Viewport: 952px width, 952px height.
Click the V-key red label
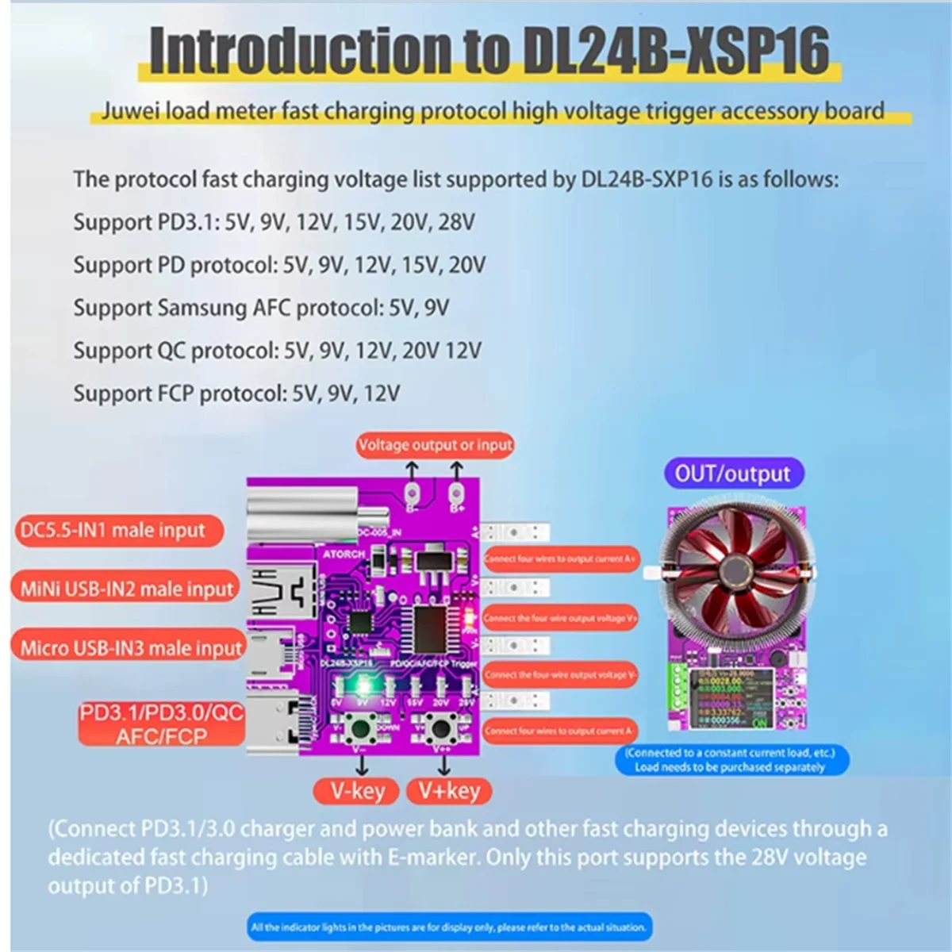[357, 790]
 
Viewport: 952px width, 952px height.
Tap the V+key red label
[449, 790]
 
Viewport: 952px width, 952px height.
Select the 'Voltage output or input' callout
[435, 445]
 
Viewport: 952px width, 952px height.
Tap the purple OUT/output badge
[732, 474]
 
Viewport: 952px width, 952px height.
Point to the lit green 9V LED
[364, 684]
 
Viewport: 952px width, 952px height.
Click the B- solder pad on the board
[412, 493]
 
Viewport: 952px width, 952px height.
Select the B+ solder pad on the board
[456, 493]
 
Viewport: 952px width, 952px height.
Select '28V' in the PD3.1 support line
[455, 221]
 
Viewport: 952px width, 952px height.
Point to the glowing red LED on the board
[468, 615]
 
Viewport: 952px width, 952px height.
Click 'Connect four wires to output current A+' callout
[560, 559]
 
